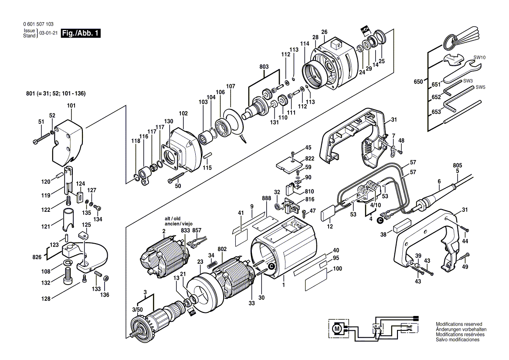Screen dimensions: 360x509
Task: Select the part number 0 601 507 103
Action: [x=37, y=25]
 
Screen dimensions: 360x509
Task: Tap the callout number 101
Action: [x=71, y=105]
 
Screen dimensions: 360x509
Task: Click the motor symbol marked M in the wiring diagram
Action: [x=336, y=327]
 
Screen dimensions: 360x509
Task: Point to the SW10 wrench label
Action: [x=479, y=58]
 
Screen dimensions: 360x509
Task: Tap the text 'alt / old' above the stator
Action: [x=172, y=218]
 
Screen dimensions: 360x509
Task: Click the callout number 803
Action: [x=264, y=67]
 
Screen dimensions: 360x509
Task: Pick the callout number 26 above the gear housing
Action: [x=324, y=32]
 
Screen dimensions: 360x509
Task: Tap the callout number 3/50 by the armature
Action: [x=138, y=309]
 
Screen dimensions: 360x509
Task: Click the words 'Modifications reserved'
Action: [x=459, y=324]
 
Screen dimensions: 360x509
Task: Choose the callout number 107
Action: [x=231, y=86]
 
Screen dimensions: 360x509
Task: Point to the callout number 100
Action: [x=337, y=269]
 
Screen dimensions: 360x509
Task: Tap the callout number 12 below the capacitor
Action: [x=330, y=227]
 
